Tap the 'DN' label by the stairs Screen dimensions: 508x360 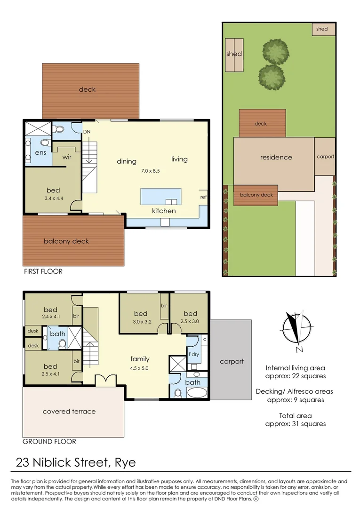pos(87,132)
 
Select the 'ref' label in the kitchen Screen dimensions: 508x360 pos(203,197)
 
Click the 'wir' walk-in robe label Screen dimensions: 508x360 pos(67,157)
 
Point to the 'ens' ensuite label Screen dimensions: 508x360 pos(33,153)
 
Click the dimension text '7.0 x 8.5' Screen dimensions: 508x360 pos(151,171)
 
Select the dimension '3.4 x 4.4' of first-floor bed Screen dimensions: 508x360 pos(53,198)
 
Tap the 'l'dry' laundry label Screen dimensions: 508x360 pos(193,354)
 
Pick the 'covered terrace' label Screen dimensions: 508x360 pos(69,412)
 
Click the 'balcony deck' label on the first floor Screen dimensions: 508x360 pos(66,241)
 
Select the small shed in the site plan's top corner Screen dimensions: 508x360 pos(322,29)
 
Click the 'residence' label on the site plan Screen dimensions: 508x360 pos(276,157)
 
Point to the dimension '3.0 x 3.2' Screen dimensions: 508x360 pos(141,322)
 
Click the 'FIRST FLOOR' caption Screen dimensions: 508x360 pos(43,271)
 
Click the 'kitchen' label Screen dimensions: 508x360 pos(164,211)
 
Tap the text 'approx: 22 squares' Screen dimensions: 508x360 pos(296,376)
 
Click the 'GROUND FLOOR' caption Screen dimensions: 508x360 pos(49,442)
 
